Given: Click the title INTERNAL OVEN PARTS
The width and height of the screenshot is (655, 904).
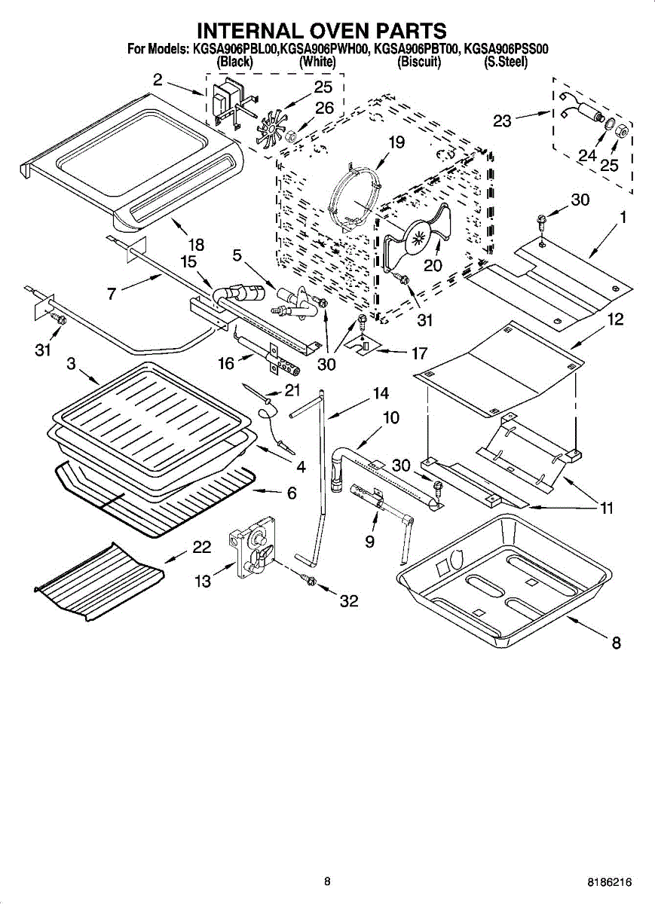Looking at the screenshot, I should [322, 30].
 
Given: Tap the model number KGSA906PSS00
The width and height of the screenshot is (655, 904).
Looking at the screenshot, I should [506, 50].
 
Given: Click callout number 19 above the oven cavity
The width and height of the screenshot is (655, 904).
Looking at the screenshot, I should [396, 142].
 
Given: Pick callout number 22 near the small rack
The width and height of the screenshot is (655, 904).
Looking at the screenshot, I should [201, 548].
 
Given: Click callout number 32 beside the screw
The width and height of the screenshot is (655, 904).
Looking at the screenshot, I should [348, 600].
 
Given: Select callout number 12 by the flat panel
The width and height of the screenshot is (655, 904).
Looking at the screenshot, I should [615, 319].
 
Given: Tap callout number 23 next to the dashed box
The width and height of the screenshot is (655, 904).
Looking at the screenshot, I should [503, 121].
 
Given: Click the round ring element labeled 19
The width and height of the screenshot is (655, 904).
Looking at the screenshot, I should [353, 197].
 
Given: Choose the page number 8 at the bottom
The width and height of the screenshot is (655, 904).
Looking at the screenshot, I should [327, 881].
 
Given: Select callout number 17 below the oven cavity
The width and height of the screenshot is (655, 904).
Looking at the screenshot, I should [419, 352].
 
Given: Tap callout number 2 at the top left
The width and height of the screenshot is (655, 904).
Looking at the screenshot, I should [157, 79].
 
